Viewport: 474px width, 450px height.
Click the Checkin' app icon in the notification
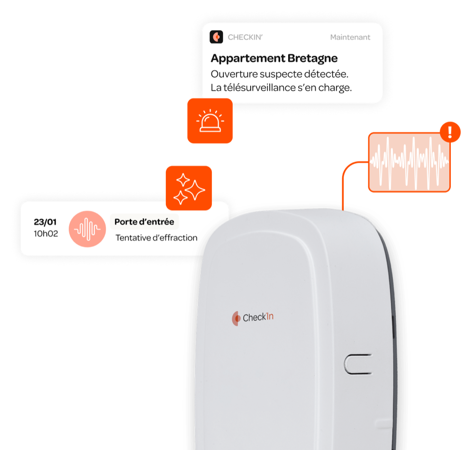[x=216, y=37]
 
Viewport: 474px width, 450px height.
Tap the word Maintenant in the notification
[x=350, y=37]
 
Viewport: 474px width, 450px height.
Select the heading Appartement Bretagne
[x=274, y=58]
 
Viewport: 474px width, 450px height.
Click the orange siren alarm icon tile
[x=210, y=121]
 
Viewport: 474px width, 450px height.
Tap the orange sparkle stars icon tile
[x=189, y=188]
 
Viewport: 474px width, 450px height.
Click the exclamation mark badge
[x=450, y=132]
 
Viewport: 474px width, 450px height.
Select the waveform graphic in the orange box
[x=410, y=162]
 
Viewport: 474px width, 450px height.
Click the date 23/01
[x=45, y=222]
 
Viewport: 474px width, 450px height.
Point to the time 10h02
[x=46, y=234]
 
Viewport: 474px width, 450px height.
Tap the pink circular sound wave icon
[x=87, y=229]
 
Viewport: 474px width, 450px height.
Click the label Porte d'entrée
[x=144, y=222]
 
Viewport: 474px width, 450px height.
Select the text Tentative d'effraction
[x=156, y=238]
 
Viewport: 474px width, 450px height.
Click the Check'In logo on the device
[x=253, y=318]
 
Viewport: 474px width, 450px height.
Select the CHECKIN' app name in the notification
[x=245, y=37]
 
